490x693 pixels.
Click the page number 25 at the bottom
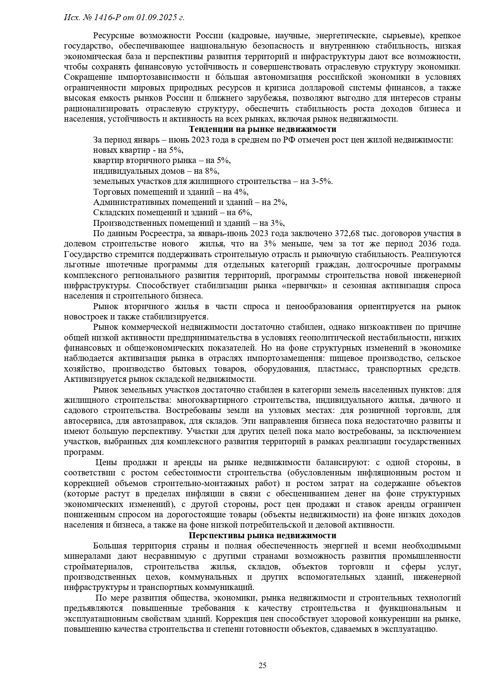(x=263, y=665)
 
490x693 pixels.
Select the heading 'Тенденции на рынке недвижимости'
(x=263, y=129)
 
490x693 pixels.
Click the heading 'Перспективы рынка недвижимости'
(x=263, y=535)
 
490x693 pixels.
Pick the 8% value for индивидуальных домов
(x=212, y=171)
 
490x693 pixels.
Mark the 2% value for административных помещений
(x=280, y=202)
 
